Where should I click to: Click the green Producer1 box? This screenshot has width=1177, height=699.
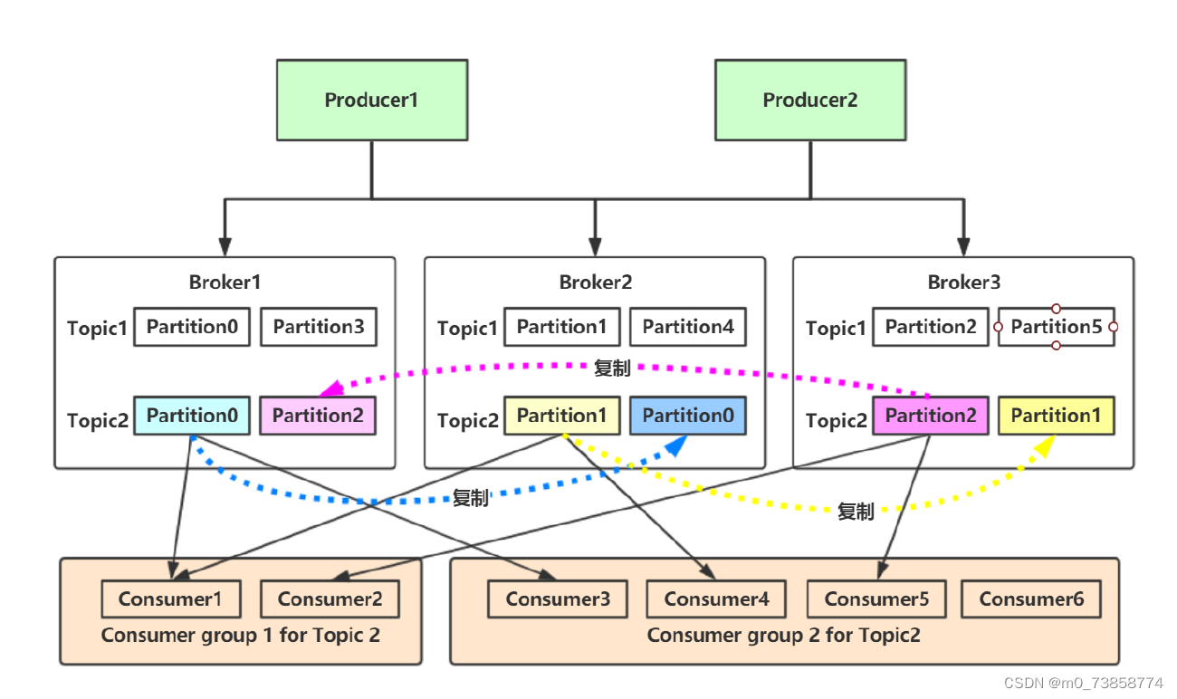[x=371, y=100]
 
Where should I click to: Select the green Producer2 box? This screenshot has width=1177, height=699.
[x=809, y=100]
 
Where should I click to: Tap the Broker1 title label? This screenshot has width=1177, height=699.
[x=225, y=282]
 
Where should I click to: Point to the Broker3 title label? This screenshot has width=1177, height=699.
[x=964, y=282]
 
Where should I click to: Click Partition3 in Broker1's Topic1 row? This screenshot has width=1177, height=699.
[x=319, y=327]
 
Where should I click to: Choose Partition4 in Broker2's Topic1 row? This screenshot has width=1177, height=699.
[x=688, y=327]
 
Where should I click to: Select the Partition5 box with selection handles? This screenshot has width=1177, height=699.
[x=1057, y=327]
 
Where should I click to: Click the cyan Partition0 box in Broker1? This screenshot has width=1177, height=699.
[x=192, y=416]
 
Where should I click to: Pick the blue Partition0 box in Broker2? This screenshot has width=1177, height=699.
[x=688, y=416]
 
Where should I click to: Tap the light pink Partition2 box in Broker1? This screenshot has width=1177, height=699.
[x=318, y=416]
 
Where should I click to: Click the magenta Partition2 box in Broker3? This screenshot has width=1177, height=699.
[x=931, y=416]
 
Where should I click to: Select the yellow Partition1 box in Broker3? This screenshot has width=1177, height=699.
[x=1057, y=416]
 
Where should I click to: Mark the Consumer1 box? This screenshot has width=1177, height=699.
[x=171, y=598]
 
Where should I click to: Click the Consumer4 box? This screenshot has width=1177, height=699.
[x=716, y=598]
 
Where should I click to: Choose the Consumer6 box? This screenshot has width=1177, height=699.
[x=1031, y=598]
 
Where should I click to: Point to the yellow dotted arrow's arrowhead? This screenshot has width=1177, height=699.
[x=1046, y=445]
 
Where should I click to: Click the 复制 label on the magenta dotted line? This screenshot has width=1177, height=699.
[x=612, y=369]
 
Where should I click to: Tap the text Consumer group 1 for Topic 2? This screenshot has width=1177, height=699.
[x=241, y=635]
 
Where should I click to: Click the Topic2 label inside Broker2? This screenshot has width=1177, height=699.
[x=467, y=421]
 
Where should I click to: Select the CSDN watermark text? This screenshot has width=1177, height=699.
[x=1084, y=683]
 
